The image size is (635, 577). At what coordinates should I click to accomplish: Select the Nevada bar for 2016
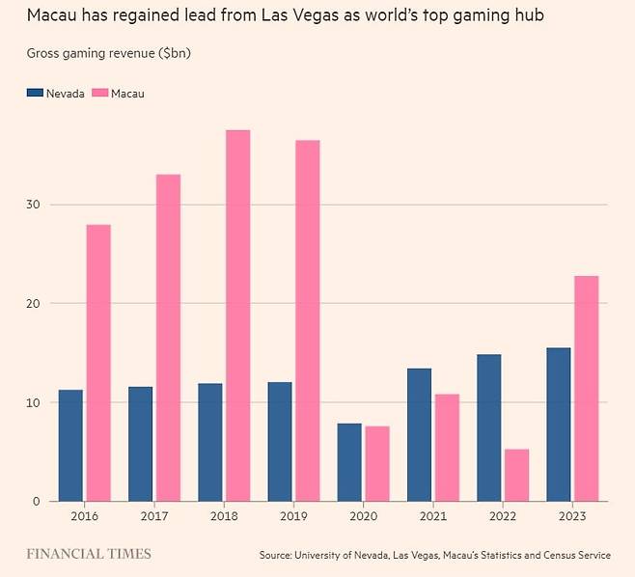click(x=70, y=445)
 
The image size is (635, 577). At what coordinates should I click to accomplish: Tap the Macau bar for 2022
click(x=516, y=475)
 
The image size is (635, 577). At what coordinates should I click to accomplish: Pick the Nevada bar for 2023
click(x=558, y=424)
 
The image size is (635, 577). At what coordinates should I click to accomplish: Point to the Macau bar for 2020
click(x=377, y=463)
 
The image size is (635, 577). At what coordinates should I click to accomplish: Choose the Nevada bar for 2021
click(x=419, y=434)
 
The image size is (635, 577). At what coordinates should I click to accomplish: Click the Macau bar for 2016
click(x=98, y=363)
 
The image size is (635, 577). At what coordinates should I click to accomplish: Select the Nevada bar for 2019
click(x=280, y=441)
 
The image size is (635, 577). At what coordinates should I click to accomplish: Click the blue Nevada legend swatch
click(x=36, y=93)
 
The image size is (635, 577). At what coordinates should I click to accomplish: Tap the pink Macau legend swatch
click(x=100, y=93)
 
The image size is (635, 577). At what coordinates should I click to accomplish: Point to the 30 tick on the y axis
click(x=34, y=205)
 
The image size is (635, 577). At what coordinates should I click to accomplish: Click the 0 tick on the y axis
click(x=37, y=501)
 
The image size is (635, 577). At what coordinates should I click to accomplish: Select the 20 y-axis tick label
click(x=34, y=304)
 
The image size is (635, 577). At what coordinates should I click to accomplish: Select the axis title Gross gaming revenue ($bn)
click(x=108, y=53)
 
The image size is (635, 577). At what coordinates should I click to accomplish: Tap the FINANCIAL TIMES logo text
click(x=88, y=554)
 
